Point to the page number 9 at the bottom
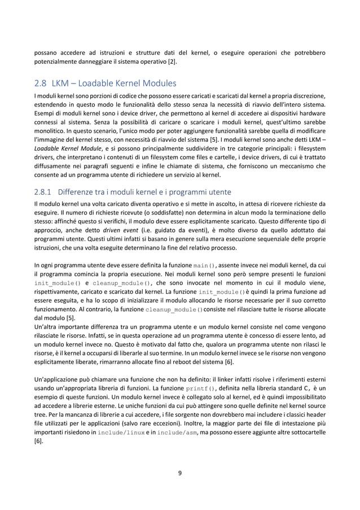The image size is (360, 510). tap(180, 473)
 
